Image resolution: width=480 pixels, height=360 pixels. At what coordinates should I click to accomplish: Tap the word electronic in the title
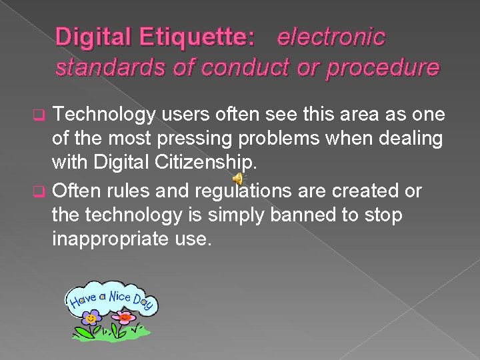[x=331, y=37]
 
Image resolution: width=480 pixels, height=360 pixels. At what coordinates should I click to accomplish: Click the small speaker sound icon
[x=237, y=178]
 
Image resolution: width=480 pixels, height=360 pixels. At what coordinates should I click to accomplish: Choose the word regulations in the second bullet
[x=243, y=192]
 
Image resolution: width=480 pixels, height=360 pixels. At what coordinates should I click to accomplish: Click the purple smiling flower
[x=91, y=317]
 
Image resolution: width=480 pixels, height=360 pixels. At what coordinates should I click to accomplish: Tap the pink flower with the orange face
[x=123, y=317]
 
